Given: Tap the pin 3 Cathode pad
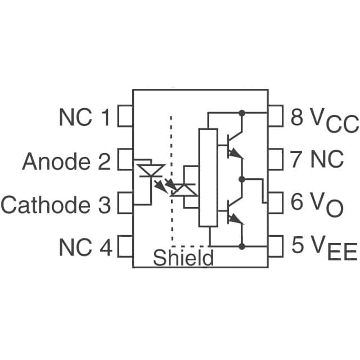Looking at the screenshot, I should pos(125,204).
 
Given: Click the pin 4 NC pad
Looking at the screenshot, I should pos(125,246).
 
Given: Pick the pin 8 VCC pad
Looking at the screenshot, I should pos(275,118).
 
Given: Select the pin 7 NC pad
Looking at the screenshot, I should pos(275,160).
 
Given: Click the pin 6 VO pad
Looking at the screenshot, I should pos(275,202).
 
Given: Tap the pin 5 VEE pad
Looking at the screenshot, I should pos(275,246).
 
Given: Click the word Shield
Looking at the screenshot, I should pos(183,258).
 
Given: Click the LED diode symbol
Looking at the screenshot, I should pos(151,170).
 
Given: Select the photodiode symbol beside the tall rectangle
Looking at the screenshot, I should pos(184,190).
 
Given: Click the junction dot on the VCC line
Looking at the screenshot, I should pos(242,113).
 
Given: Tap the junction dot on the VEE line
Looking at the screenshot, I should pos(242,246).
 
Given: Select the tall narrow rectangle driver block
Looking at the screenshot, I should pos(208,178).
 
